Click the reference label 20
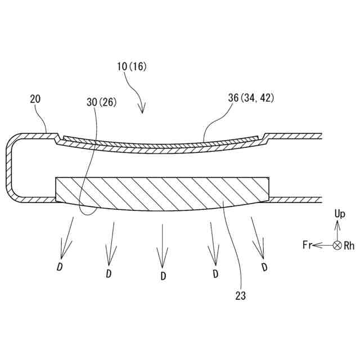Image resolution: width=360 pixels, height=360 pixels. pos(35,99)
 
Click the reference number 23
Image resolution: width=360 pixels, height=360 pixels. pos(240,294)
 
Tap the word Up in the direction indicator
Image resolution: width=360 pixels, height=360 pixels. pos(339,214)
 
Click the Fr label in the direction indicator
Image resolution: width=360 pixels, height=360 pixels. pos(307,245)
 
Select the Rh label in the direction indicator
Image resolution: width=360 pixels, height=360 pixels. pos(349,245)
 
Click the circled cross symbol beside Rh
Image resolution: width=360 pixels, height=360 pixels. pos(337,245)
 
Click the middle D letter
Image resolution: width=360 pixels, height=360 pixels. pos(163,276)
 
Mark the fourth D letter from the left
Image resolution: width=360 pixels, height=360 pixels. pos(214,274)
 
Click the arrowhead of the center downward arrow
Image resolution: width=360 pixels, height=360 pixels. pos(163,262)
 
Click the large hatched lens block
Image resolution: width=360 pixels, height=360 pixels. pos(163,194)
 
